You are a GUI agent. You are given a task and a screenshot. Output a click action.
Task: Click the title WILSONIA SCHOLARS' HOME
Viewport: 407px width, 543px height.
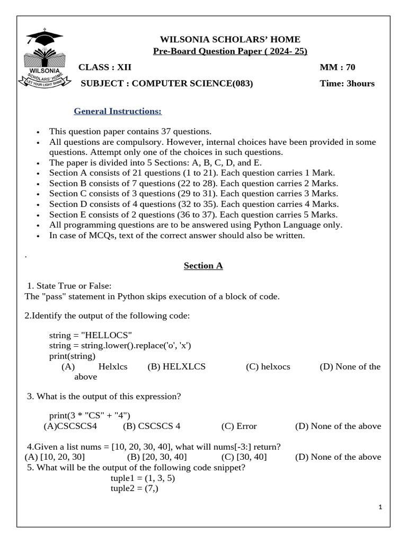230,39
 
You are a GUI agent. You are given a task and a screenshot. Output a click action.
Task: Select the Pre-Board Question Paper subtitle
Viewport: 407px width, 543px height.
230,51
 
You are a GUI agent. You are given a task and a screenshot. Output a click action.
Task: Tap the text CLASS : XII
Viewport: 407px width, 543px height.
105,67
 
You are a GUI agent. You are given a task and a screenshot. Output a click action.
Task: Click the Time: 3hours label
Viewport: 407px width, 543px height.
347,83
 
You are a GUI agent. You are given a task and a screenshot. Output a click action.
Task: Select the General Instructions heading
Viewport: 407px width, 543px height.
117,111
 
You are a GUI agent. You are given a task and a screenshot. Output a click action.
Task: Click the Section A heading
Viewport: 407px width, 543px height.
203,266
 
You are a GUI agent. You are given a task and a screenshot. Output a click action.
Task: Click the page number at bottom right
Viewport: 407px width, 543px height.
380,507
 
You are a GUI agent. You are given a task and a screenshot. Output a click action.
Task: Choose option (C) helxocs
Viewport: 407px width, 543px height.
268,366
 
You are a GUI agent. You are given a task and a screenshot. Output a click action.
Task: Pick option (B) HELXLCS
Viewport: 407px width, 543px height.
176,366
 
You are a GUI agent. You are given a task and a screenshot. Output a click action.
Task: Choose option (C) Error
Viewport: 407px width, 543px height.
239,426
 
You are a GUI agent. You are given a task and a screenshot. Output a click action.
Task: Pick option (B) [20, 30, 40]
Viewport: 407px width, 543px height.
157,457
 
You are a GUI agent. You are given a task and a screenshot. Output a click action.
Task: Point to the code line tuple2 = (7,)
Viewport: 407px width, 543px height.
135,488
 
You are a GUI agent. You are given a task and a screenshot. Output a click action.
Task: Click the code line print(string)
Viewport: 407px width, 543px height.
72,356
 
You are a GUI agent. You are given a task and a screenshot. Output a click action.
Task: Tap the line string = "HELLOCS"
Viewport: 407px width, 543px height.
90,335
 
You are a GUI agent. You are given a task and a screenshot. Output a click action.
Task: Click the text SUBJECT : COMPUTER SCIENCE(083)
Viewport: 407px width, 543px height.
166,83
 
